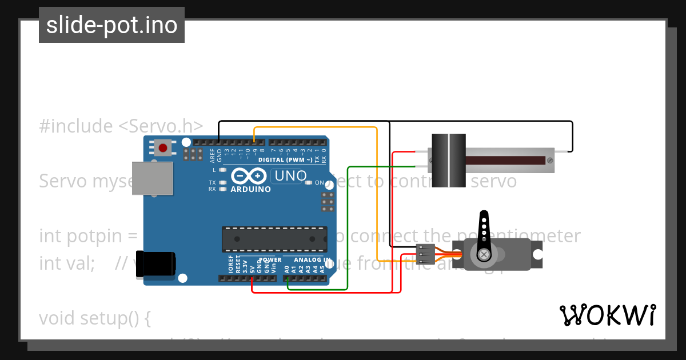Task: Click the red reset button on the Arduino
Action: pyautogui.click(x=163, y=148)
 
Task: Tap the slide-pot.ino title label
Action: pyautogui.click(x=111, y=25)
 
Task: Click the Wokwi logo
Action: pyautogui.click(x=607, y=315)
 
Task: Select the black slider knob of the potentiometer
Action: pyautogui.click(x=448, y=160)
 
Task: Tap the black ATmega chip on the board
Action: pyautogui.click(x=274, y=239)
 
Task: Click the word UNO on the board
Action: pyautogui.click(x=291, y=176)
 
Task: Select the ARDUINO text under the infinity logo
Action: pyautogui.click(x=251, y=189)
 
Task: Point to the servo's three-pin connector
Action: pyautogui.click(x=425, y=251)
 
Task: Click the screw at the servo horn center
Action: pyautogui.click(x=484, y=254)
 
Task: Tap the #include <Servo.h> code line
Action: pyautogui.click(x=121, y=126)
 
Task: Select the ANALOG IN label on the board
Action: pyautogui.click(x=312, y=260)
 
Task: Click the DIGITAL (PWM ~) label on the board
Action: pyautogui.click(x=285, y=159)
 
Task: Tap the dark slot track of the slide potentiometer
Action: pyautogui.click(x=505, y=160)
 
